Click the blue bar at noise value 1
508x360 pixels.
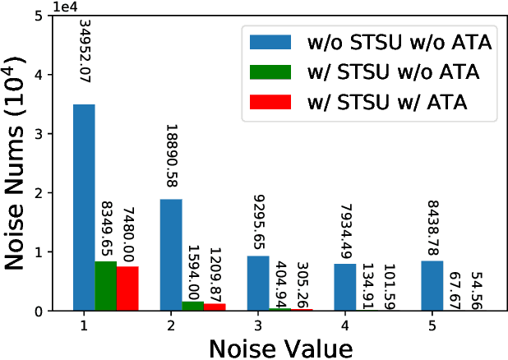tap(84, 208)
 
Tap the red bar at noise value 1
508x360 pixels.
tap(127, 288)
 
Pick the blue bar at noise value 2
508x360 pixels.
tap(170, 255)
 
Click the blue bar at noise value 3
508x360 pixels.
tap(257, 283)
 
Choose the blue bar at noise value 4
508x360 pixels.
tap(344, 287)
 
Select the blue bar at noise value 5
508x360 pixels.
tap(431, 285)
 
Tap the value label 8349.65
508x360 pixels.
tap(106, 227)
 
